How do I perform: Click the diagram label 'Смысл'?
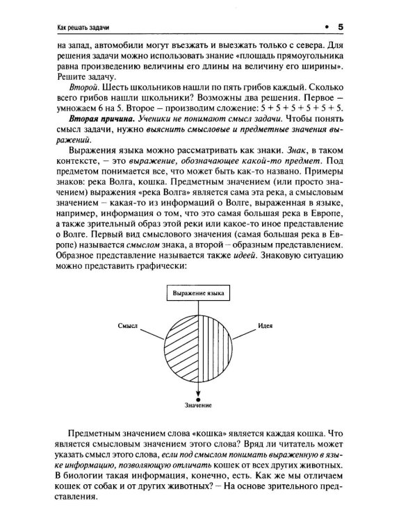[x=129, y=325]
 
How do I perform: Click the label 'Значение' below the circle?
[x=198, y=406]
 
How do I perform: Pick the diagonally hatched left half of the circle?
[x=178, y=345]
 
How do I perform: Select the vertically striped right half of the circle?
[x=217, y=345]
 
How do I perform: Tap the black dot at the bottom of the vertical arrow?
[x=198, y=397]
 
